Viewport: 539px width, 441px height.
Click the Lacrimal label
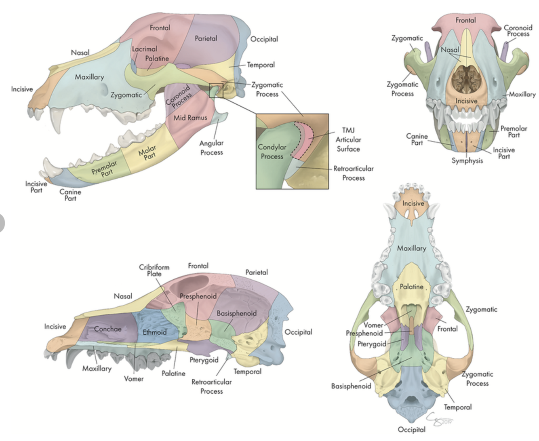click(144, 49)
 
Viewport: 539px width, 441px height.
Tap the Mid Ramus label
click(190, 118)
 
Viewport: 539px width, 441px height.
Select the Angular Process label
click(211, 148)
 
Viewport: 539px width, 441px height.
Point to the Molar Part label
click(148, 152)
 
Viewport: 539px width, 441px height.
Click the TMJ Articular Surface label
click(348, 139)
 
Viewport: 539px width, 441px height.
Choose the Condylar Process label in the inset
click(272, 152)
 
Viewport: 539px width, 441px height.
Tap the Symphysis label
click(467, 160)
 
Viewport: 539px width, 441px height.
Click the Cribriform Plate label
click(154, 270)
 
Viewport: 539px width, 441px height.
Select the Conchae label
click(107, 329)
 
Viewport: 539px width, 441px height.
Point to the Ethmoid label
click(154, 332)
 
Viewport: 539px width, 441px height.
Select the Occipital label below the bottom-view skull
click(411, 429)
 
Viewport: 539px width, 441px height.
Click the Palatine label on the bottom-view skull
click(411, 287)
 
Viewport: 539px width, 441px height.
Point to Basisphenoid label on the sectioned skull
click(236, 313)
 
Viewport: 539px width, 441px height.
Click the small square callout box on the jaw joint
click(216, 91)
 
